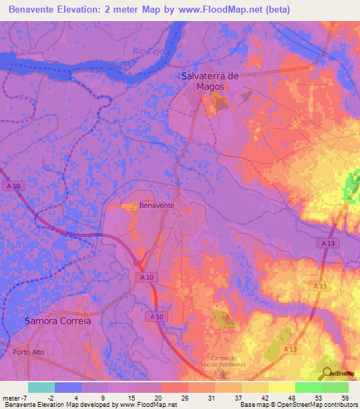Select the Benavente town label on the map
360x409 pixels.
(x=157, y=205)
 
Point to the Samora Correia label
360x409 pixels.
(x=58, y=320)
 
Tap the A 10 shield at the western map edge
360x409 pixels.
(x=11, y=186)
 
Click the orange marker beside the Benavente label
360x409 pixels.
(x=135, y=206)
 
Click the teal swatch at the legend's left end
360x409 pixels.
(x=41, y=387)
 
